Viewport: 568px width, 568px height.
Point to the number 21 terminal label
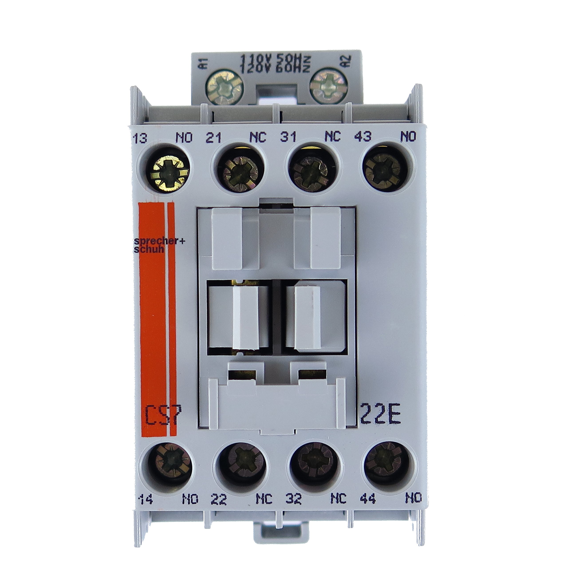click(213, 137)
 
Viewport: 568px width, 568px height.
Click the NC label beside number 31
click(333, 136)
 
